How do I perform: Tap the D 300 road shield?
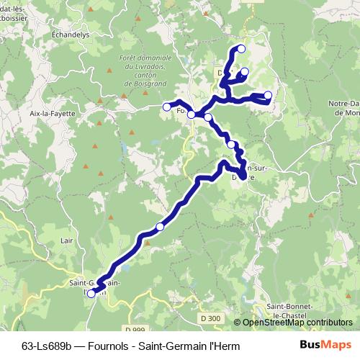(212, 317)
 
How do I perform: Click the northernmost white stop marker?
(241, 49)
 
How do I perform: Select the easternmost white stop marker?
(268, 95)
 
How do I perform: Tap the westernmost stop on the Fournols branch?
(167, 107)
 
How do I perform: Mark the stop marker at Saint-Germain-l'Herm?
(91, 293)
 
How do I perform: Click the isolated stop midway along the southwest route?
(160, 226)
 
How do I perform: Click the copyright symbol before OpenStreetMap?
(237, 323)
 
